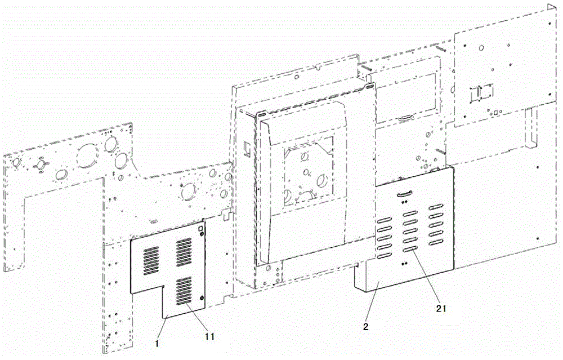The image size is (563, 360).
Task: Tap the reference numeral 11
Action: (208, 336)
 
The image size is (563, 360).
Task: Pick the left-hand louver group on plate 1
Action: (149, 259)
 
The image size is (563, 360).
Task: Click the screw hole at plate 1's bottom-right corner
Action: (202, 298)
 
